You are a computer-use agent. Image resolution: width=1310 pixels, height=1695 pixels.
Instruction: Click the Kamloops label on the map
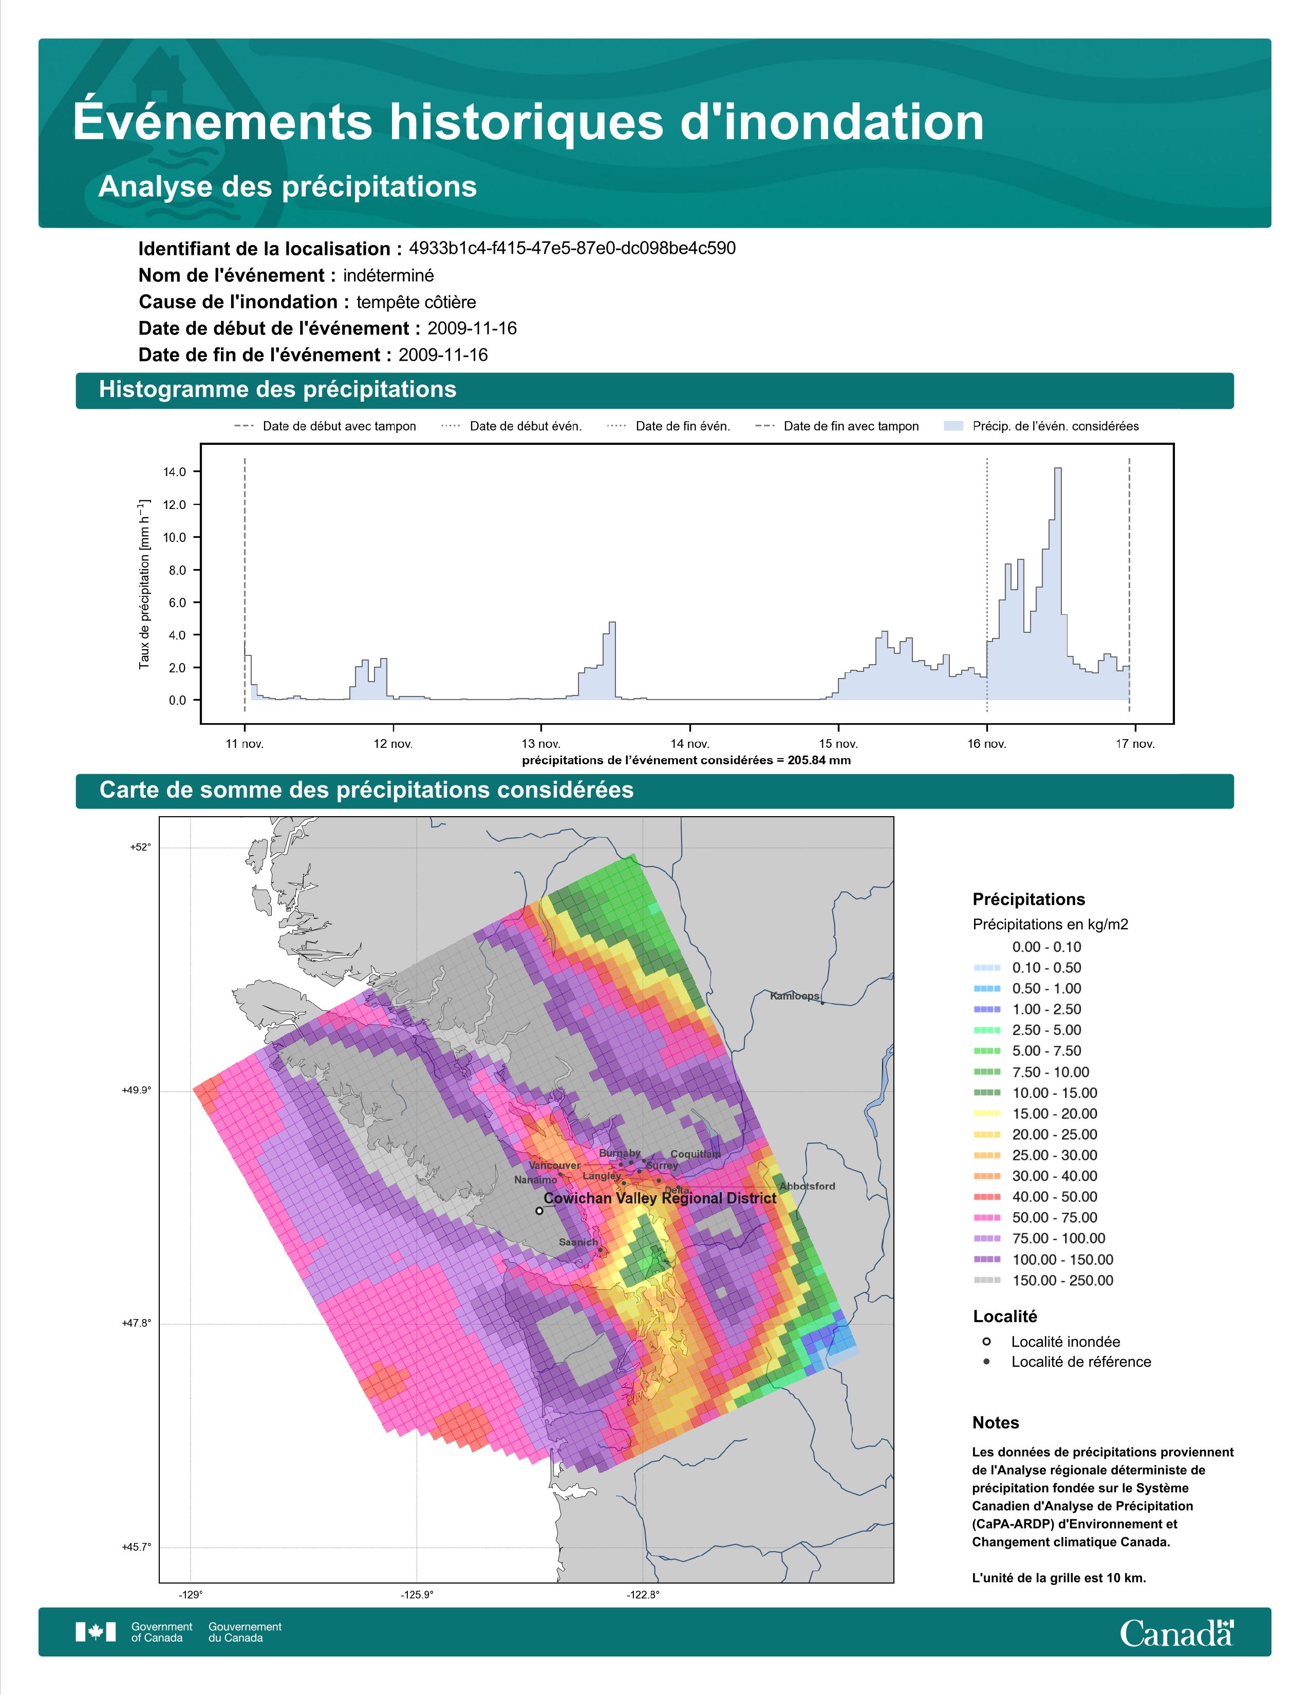click(x=794, y=996)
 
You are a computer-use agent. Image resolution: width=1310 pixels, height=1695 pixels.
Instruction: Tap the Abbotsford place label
click(x=807, y=1186)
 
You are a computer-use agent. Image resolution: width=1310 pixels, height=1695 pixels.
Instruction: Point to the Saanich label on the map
click(x=578, y=1242)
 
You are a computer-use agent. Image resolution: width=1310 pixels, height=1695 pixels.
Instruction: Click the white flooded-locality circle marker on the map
click(x=539, y=1210)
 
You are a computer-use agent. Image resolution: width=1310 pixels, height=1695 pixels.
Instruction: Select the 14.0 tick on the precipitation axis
click(x=175, y=472)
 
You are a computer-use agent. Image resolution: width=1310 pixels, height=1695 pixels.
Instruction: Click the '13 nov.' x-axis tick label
click(x=541, y=744)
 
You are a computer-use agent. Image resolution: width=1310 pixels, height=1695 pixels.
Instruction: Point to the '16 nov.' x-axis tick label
click(x=986, y=744)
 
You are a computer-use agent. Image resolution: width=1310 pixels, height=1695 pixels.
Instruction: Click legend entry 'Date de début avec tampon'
click(x=325, y=426)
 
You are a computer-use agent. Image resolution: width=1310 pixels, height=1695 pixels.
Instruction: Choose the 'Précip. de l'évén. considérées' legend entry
click(x=1041, y=426)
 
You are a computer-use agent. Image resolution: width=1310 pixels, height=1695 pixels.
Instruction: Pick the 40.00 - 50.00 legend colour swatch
click(x=986, y=1197)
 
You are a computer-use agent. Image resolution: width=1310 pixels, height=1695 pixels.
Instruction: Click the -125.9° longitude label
click(x=417, y=1595)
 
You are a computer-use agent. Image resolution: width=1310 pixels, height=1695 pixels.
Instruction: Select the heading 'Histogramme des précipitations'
click(x=278, y=390)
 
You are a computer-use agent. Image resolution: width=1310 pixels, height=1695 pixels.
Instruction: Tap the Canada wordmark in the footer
click(x=1176, y=1632)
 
